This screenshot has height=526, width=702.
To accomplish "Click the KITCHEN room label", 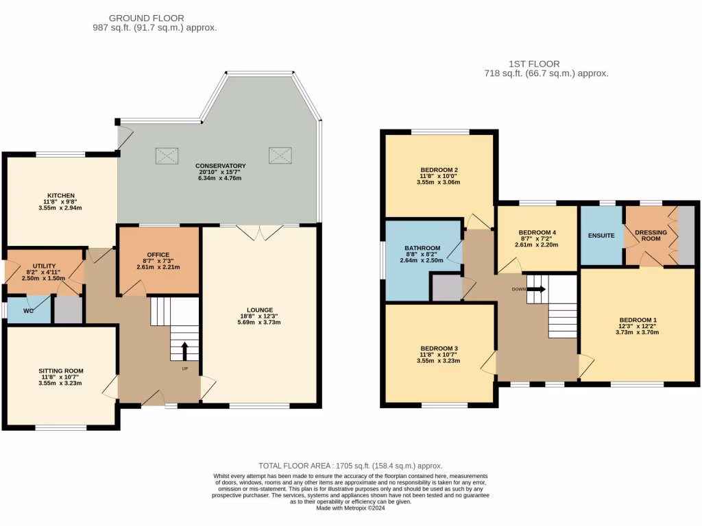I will point(61,195).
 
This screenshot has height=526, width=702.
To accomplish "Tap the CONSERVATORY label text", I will point(220,166).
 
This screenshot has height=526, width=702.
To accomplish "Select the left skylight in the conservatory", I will point(167,155).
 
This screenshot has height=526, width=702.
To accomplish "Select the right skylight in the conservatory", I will point(280,155).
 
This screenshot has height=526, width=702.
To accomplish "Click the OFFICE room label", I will point(158,255).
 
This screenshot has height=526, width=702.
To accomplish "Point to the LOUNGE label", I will point(260,310).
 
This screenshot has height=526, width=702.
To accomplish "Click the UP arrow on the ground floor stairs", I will point(184,352).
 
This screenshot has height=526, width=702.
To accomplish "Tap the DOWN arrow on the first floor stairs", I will point(537,289).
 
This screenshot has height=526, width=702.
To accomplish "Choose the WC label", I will point(27,310).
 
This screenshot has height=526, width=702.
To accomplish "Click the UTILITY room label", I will point(45,265).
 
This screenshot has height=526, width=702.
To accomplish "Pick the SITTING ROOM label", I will point(60,371).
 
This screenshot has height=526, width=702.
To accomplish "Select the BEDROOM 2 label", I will point(439,170).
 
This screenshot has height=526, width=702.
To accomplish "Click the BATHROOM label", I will point(422,248).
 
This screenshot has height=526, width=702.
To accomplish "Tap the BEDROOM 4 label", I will point(537,232).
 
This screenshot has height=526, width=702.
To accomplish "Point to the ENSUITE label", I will point(601,236).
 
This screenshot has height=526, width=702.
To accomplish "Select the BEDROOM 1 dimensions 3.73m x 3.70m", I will point(638,332).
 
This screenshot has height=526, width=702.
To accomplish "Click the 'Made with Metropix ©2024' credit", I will point(350,508).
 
